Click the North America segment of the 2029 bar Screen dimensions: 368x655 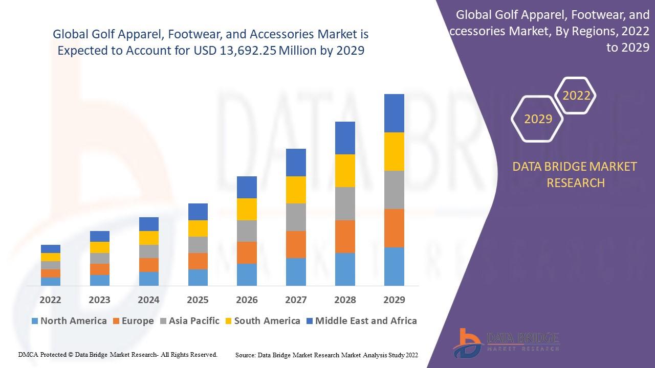click(394, 266)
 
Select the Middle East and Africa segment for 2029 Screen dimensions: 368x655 click(394, 113)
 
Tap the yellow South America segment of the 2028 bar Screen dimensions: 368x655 click(345, 171)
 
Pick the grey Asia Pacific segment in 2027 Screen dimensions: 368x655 click(296, 217)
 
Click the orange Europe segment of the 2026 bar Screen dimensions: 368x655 click(247, 252)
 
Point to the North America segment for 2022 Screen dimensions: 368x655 click(51, 281)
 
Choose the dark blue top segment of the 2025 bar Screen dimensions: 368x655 click(198, 212)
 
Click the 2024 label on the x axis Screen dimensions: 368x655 click(148, 300)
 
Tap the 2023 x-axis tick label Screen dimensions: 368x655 click(99, 300)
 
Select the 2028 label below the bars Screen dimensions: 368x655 click(345, 300)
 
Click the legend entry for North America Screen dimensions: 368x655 click(69, 321)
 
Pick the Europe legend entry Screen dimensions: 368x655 click(133, 321)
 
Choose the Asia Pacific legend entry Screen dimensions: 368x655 click(189, 321)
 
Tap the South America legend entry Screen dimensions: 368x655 click(262, 321)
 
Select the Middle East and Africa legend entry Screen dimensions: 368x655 click(361, 321)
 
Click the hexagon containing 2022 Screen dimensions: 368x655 click(576, 96)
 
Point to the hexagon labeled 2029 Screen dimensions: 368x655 click(538, 119)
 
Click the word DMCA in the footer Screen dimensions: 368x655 click(28, 354)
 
